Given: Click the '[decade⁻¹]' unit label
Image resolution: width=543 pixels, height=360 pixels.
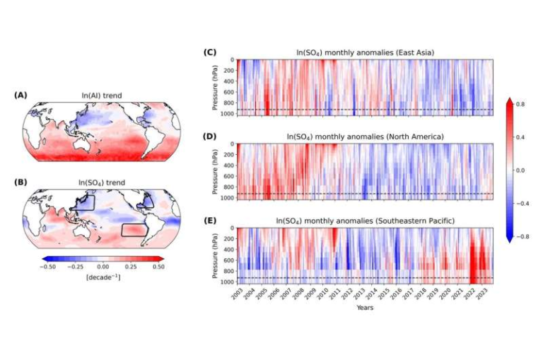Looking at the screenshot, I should pyautogui.click(x=103, y=277).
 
